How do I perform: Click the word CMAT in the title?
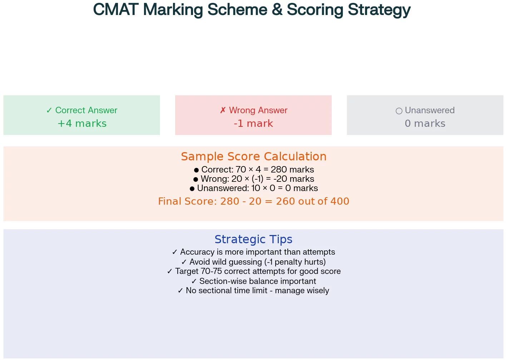(115, 10)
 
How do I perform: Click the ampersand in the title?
(277, 10)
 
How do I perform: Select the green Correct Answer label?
(82, 110)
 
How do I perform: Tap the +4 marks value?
(82, 124)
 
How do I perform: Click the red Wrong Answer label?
(254, 110)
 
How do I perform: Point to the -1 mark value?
(253, 124)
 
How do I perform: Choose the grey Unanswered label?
(425, 110)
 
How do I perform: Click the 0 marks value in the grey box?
(425, 124)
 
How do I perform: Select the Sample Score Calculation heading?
(254, 156)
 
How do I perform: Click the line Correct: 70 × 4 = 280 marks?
(254, 170)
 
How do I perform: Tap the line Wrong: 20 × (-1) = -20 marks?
(254, 179)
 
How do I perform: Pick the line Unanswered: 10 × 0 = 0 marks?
(254, 188)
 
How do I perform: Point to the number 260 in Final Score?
(286, 201)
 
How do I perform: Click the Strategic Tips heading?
(253, 239)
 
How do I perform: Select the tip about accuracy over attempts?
(254, 252)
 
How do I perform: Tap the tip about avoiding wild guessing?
(254, 262)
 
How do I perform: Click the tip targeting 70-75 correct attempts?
(254, 271)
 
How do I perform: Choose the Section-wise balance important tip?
(254, 281)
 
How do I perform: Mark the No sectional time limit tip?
(253, 291)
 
